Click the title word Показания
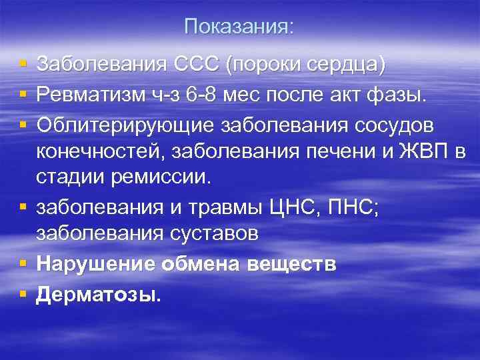coord(238,27)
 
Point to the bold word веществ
coord(294,265)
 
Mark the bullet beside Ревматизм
coord(23,94)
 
